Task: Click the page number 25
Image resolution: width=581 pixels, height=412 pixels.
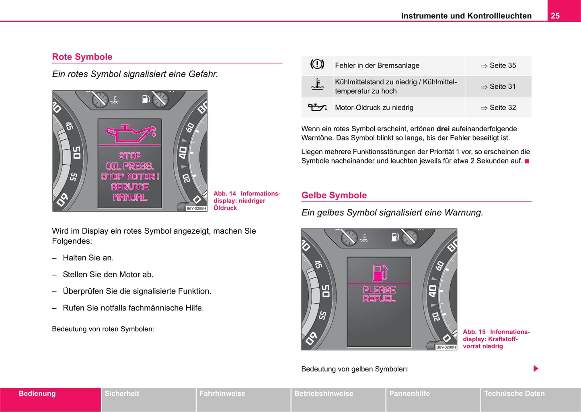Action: click(555, 16)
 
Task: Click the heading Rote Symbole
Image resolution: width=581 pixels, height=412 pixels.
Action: click(82, 57)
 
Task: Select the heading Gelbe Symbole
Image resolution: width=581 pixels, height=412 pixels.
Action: click(334, 195)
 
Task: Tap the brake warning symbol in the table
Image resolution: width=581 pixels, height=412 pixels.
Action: click(317, 65)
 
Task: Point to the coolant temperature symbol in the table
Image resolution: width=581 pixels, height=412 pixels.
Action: click(317, 86)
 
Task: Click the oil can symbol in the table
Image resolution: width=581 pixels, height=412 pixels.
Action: click(317, 107)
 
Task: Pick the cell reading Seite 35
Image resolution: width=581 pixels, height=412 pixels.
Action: click(498, 65)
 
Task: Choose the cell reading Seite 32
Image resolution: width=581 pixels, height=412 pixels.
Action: click(498, 108)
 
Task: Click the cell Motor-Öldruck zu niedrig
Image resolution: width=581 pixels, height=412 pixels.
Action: click(374, 108)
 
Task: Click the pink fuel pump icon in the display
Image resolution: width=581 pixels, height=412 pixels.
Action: click(380, 273)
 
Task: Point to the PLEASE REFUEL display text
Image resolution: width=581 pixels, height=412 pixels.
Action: click(379, 294)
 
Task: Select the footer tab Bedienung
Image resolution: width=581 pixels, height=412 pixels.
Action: click(37, 394)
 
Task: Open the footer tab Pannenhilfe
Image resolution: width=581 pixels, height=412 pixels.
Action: click(409, 394)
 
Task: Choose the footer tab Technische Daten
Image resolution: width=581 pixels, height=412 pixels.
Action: click(514, 394)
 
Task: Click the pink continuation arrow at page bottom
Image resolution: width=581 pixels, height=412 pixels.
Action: click(536, 369)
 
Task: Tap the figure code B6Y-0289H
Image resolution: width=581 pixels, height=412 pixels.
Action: click(196, 208)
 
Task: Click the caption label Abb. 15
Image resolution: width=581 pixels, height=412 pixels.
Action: click(474, 332)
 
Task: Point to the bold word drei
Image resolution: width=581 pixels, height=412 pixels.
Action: click(443, 129)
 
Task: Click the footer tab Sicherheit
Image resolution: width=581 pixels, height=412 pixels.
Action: click(122, 394)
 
